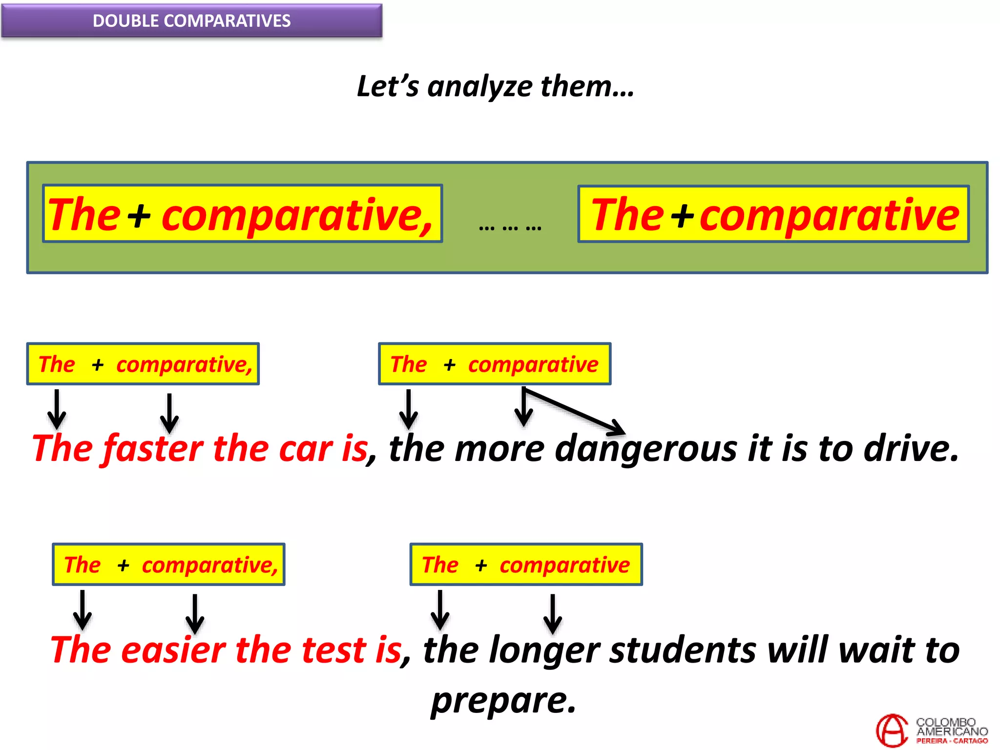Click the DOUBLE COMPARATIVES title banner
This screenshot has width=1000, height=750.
(191, 21)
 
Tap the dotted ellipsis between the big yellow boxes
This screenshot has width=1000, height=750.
(510, 228)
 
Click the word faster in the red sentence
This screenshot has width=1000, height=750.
(153, 448)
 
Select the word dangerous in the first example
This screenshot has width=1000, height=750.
(646, 448)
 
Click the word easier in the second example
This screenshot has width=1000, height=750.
(173, 650)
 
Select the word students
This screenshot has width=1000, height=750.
(683, 650)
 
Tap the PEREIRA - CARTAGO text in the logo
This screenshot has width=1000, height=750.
(952, 741)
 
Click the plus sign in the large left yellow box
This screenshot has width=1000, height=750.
(140, 215)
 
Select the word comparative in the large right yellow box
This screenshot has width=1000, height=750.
(829, 215)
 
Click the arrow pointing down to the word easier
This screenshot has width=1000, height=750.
(195, 613)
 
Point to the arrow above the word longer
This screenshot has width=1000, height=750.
(552, 613)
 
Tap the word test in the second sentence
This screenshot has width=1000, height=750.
(333, 650)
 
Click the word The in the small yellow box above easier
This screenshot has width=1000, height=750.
(82, 565)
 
